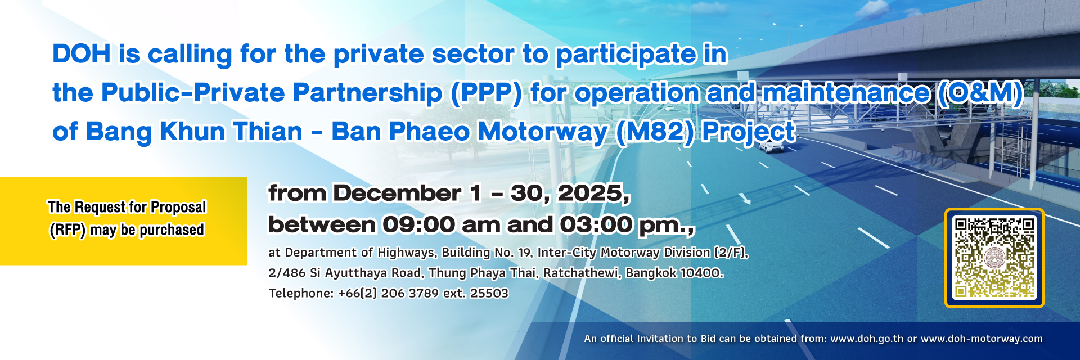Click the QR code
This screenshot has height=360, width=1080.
tap(994, 258)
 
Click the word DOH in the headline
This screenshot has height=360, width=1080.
tap(82, 54)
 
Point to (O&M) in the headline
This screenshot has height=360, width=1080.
tap(979, 93)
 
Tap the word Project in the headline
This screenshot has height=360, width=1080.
tap(749, 132)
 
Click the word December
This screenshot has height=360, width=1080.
tap(397, 193)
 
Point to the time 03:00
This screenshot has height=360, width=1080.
tap(596, 224)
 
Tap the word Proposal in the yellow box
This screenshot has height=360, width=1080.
tap(178, 208)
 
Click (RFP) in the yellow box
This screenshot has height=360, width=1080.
tap(67, 230)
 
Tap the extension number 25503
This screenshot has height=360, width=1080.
tap(489, 293)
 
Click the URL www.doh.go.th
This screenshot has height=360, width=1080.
tap(867, 339)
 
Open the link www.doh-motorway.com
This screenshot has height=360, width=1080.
tap(982, 339)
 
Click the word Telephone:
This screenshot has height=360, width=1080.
tap(301, 293)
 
